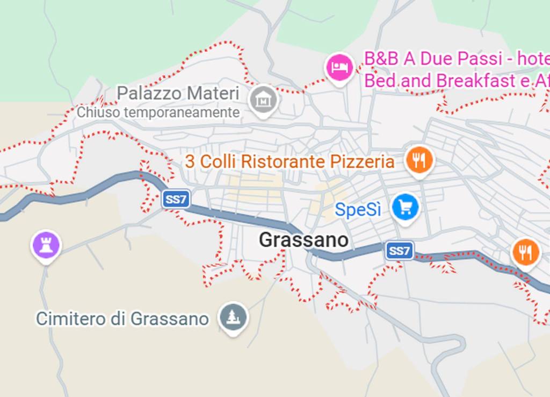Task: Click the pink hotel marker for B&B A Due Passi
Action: tap(338, 67)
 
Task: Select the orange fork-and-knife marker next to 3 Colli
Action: tap(419, 160)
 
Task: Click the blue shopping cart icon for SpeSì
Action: tap(405, 207)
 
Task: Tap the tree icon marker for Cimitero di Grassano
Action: tap(233, 316)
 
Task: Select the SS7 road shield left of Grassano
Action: tap(176, 200)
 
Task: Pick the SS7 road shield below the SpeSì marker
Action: tap(399, 251)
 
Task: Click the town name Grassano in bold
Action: tap(303, 240)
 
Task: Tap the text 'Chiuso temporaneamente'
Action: tap(158, 112)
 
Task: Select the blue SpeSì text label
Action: tap(358, 209)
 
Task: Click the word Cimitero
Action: tap(71, 318)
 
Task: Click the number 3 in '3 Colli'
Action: tap(190, 161)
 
